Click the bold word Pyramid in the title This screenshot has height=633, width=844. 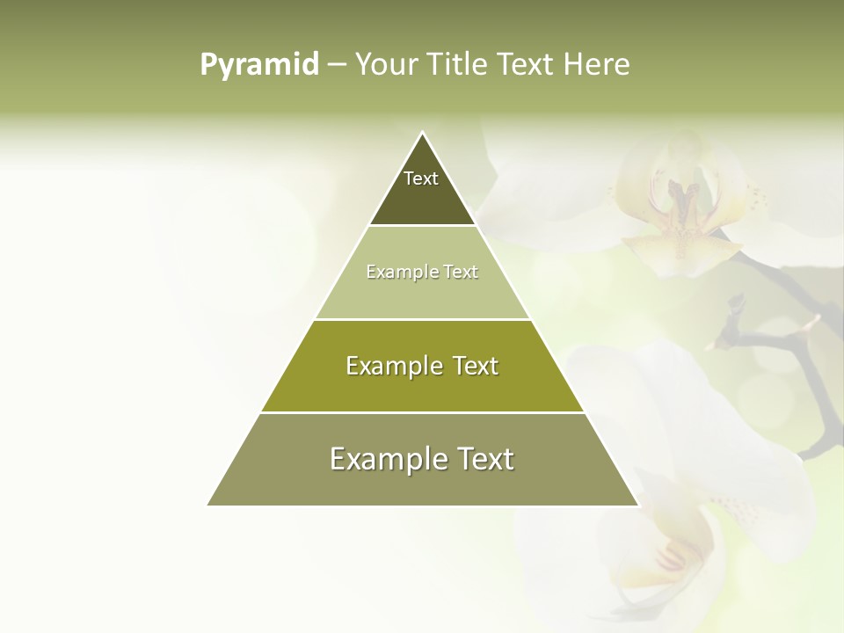pyautogui.click(x=258, y=65)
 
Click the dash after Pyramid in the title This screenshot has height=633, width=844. pyautogui.click(x=336, y=65)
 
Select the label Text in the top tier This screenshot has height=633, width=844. pyautogui.click(x=421, y=178)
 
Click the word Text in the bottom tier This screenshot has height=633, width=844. pyautogui.click(x=484, y=459)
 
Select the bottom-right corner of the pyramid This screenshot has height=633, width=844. pyautogui.click(x=637, y=505)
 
